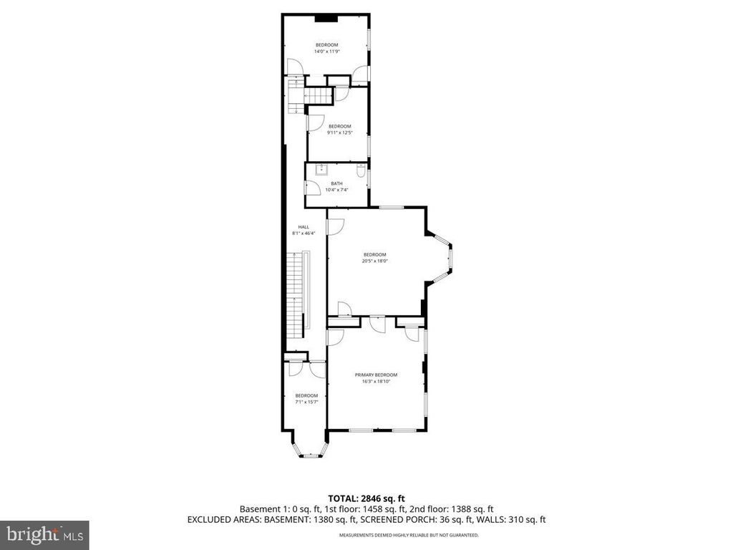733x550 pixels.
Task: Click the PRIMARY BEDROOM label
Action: click(x=376, y=375)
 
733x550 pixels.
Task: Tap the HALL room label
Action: click(x=304, y=226)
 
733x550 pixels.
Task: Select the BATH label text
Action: click(x=336, y=183)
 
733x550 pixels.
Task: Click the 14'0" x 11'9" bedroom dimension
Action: click(x=326, y=52)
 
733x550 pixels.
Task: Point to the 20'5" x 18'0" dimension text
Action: click(x=374, y=261)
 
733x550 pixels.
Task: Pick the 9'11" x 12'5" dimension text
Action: click(x=339, y=132)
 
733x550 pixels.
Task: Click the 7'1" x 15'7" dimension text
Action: click(x=306, y=402)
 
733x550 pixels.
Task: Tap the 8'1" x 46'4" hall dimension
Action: click(x=304, y=233)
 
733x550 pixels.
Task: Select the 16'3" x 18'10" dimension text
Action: click(x=376, y=382)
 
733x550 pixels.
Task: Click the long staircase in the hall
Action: click(x=296, y=294)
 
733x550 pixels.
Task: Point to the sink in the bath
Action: click(x=322, y=170)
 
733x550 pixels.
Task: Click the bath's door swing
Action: click(x=313, y=188)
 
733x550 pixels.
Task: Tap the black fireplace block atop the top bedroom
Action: click(x=327, y=18)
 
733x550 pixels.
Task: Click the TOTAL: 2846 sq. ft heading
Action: click(x=366, y=498)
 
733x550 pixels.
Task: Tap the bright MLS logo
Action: click(x=44, y=534)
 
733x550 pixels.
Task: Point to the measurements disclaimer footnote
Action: click(x=409, y=535)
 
